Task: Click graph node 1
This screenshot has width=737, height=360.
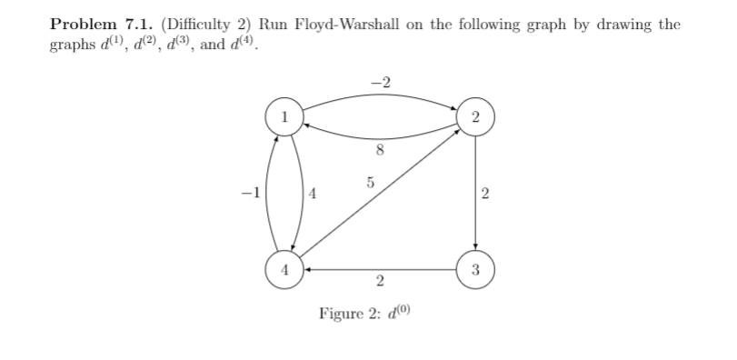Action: (284, 115)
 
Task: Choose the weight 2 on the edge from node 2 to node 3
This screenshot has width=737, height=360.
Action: (486, 193)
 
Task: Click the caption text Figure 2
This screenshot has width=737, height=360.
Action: (350, 314)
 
